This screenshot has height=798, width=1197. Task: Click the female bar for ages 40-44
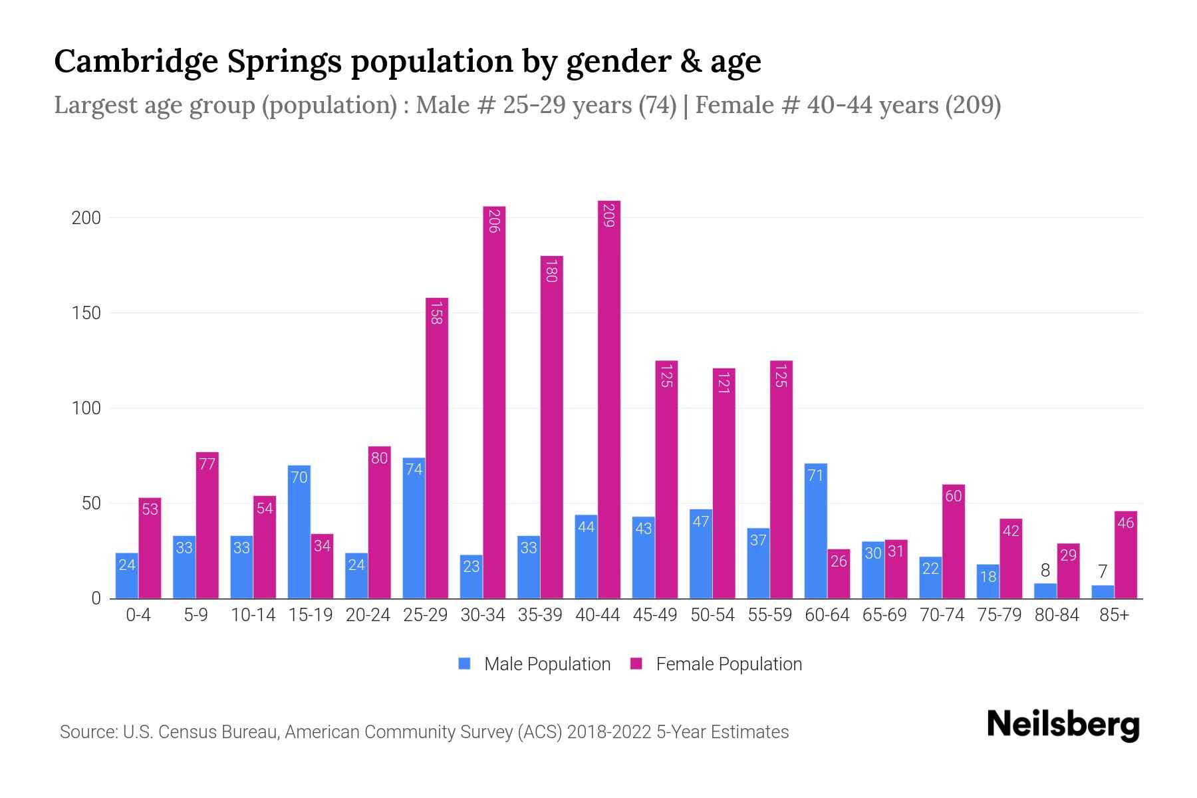[608, 399]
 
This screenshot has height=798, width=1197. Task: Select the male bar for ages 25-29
[414, 529]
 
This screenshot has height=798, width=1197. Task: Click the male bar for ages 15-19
[299, 532]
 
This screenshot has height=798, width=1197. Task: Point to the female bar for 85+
[1125, 555]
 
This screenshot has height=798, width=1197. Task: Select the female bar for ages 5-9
[207, 525]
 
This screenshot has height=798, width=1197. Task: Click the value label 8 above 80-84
[1045, 571]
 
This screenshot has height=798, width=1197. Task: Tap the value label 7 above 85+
[1102, 571]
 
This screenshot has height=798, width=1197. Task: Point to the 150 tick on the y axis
[86, 313]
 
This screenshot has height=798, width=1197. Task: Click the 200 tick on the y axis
[86, 218]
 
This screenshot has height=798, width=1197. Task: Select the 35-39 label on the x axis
[540, 615]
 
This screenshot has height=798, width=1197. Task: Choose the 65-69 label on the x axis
[884, 615]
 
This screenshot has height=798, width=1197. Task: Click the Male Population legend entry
[535, 664]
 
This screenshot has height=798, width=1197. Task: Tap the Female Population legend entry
[716, 664]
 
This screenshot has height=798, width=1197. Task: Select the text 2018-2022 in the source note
[608, 732]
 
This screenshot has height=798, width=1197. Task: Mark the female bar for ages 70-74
[953, 542]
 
